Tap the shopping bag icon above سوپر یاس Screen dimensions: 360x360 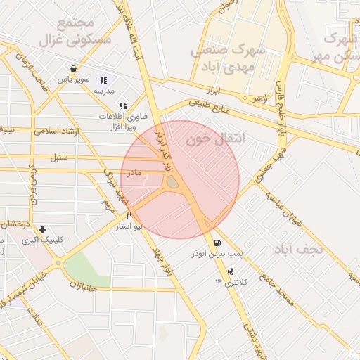(x=73, y=69)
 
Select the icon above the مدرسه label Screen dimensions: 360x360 (x=104, y=81)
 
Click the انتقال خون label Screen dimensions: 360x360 (x=216, y=139)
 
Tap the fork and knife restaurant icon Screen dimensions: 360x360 (x=129, y=216)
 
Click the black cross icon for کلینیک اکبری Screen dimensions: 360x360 (x=43, y=229)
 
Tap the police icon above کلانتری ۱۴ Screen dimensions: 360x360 (x=231, y=271)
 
